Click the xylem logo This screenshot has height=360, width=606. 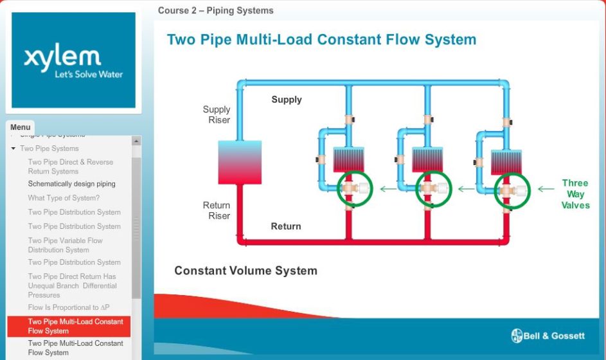(x=73, y=60)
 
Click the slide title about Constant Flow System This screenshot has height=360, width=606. (x=321, y=40)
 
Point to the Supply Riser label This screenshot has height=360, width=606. (x=217, y=114)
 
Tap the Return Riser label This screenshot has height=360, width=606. (x=217, y=210)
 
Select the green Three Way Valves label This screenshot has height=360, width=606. (x=575, y=194)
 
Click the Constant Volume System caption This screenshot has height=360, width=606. (x=245, y=271)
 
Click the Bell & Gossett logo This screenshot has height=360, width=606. (x=548, y=336)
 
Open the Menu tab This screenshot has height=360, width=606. (x=20, y=127)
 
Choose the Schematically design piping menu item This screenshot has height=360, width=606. (x=71, y=184)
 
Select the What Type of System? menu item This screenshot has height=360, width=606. (x=64, y=198)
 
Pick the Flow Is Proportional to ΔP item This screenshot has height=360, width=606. (x=69, y=307)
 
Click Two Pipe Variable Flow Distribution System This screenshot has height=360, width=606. (x=65, y=245)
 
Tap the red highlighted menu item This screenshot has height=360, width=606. (x=69, y=326)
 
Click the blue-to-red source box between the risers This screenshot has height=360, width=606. (x=239, y=162)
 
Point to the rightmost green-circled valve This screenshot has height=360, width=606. (x=512, y=191)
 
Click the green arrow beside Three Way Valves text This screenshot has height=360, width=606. (x=546, y=189)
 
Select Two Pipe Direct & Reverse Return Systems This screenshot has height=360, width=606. (x=70, y=166)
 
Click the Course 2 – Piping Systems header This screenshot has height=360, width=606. (x=215, y=10)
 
